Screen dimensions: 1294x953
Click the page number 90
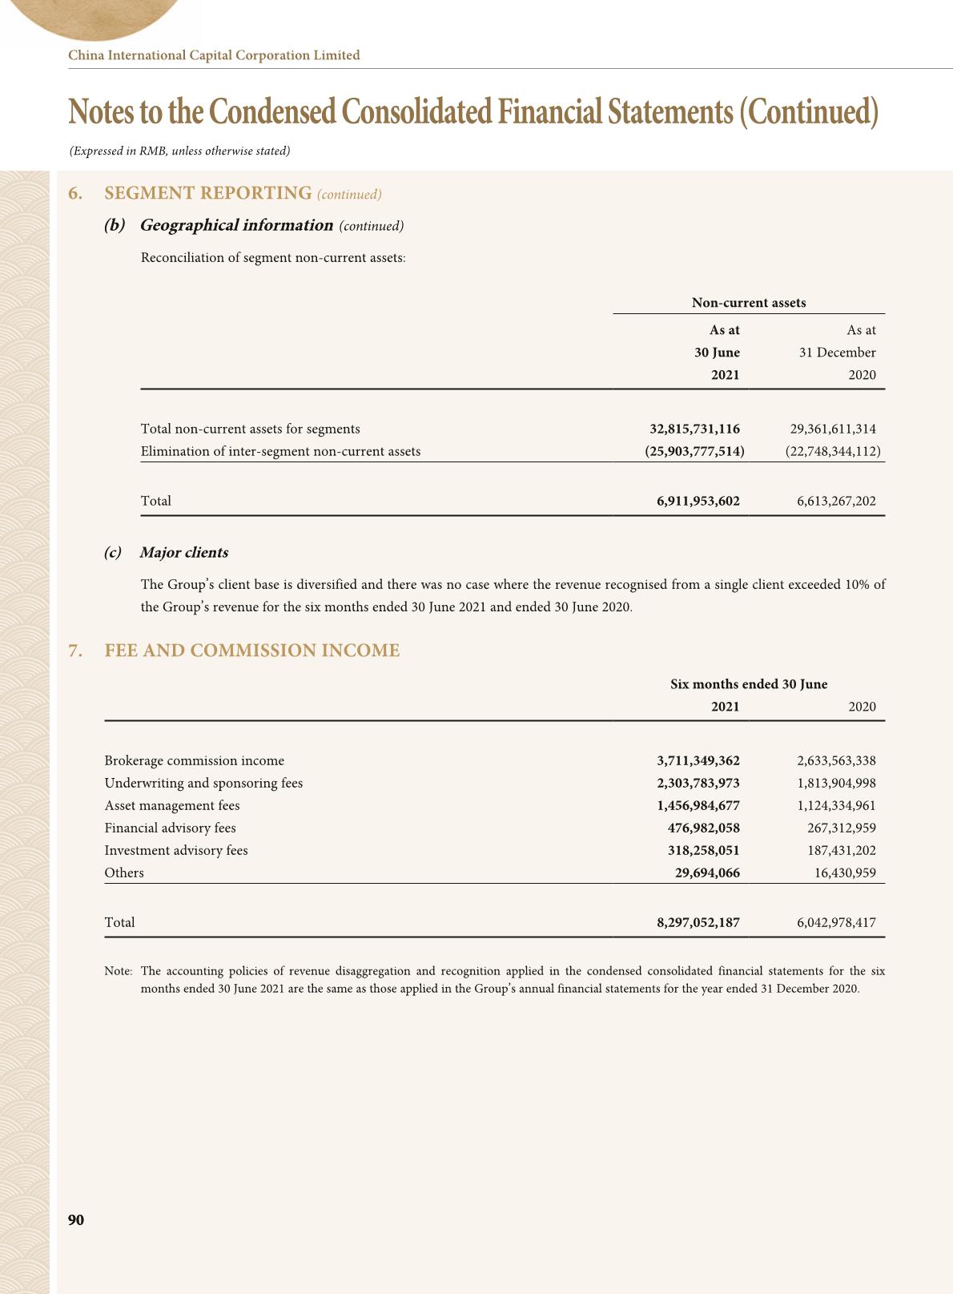(x=76, y=1220)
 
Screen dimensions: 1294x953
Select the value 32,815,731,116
(x=694, y=429)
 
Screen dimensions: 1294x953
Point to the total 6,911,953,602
(x=698, y=501)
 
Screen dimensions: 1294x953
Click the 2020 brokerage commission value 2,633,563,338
(x=836, y=760)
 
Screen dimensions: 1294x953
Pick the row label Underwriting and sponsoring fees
(x=203, y=783)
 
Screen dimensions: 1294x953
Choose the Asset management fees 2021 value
(x=698, y=805)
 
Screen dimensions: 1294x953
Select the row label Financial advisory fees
(x=170, y=828)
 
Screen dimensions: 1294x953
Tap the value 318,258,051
(x=703, y=850)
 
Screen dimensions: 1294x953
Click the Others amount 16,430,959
(x=844, y=873)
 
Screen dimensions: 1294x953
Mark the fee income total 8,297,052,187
(x=698, y=922)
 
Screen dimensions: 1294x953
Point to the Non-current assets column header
(x=748, y=303)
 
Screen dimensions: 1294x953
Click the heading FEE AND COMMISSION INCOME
(x=252, y=651)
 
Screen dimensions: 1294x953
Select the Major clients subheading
(x=183, y=553)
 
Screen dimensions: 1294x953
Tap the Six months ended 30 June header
(x=748, y=684)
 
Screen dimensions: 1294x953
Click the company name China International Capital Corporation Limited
(x=214, y=55)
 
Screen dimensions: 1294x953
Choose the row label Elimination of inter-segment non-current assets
(x=280, y=451)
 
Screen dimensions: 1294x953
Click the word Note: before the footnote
(x=119, y=971)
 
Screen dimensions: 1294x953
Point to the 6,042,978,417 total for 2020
(x=836, y=922)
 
